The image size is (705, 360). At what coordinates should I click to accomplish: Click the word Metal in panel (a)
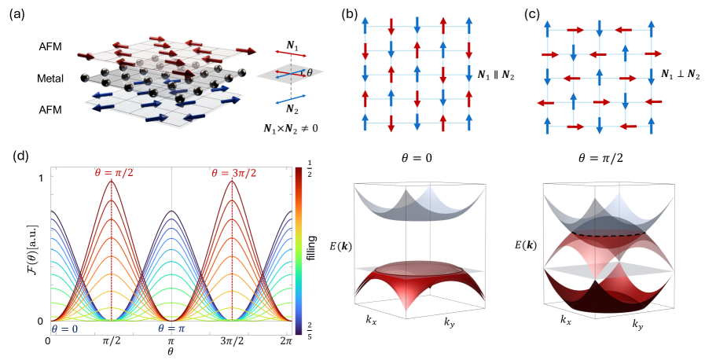tap(50, 79)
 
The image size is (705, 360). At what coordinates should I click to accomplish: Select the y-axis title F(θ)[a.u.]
tap(21, 249)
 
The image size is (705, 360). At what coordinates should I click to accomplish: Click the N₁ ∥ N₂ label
tap(502, 75)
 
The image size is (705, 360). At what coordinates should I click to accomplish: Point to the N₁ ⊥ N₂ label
tap(675, 75)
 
